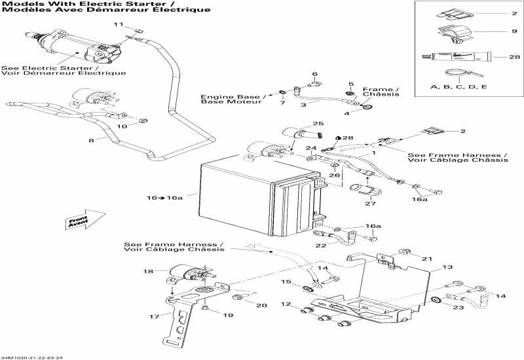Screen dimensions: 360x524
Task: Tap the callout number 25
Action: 318,124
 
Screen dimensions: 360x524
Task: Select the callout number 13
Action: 447,267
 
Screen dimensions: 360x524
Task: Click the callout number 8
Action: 90,140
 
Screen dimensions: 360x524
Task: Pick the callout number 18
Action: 147,271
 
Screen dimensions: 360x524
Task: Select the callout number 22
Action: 320,245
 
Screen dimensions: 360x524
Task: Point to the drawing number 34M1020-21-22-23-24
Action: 41,357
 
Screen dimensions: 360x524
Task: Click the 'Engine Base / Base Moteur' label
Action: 231,99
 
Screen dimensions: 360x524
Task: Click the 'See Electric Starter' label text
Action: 64,70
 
